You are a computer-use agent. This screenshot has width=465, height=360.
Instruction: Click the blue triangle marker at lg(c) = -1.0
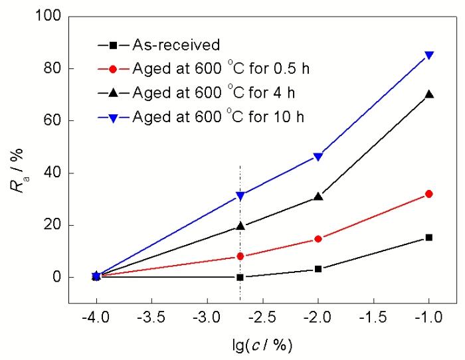[x=429, y=55]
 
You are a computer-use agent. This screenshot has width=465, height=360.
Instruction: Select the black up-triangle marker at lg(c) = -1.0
[x=429, y=94]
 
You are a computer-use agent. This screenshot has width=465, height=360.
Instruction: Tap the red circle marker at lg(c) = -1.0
[x=429, y=194]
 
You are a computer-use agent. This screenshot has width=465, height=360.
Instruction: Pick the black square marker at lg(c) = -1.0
[x=429, y=237]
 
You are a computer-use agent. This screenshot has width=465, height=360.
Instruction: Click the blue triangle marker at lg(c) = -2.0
[x=318, y=157]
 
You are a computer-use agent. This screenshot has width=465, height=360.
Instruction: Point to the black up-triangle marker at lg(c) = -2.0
[x=318, y=197]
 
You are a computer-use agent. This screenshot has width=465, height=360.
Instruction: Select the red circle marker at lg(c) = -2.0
[x=318, y=238]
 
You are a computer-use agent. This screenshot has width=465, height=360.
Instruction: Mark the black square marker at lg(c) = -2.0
[x=318, y=269]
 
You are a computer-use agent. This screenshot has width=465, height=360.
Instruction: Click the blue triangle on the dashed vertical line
[x=240, y=196]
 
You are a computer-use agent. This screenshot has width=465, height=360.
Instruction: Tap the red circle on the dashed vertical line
[x=240, y=256]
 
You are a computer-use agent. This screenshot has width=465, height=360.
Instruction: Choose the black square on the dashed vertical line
[x=240, y=277]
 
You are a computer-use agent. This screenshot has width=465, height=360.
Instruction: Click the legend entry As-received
[x=175, y=46]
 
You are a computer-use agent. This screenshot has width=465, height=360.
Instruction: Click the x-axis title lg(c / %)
[x=262, y=346]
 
